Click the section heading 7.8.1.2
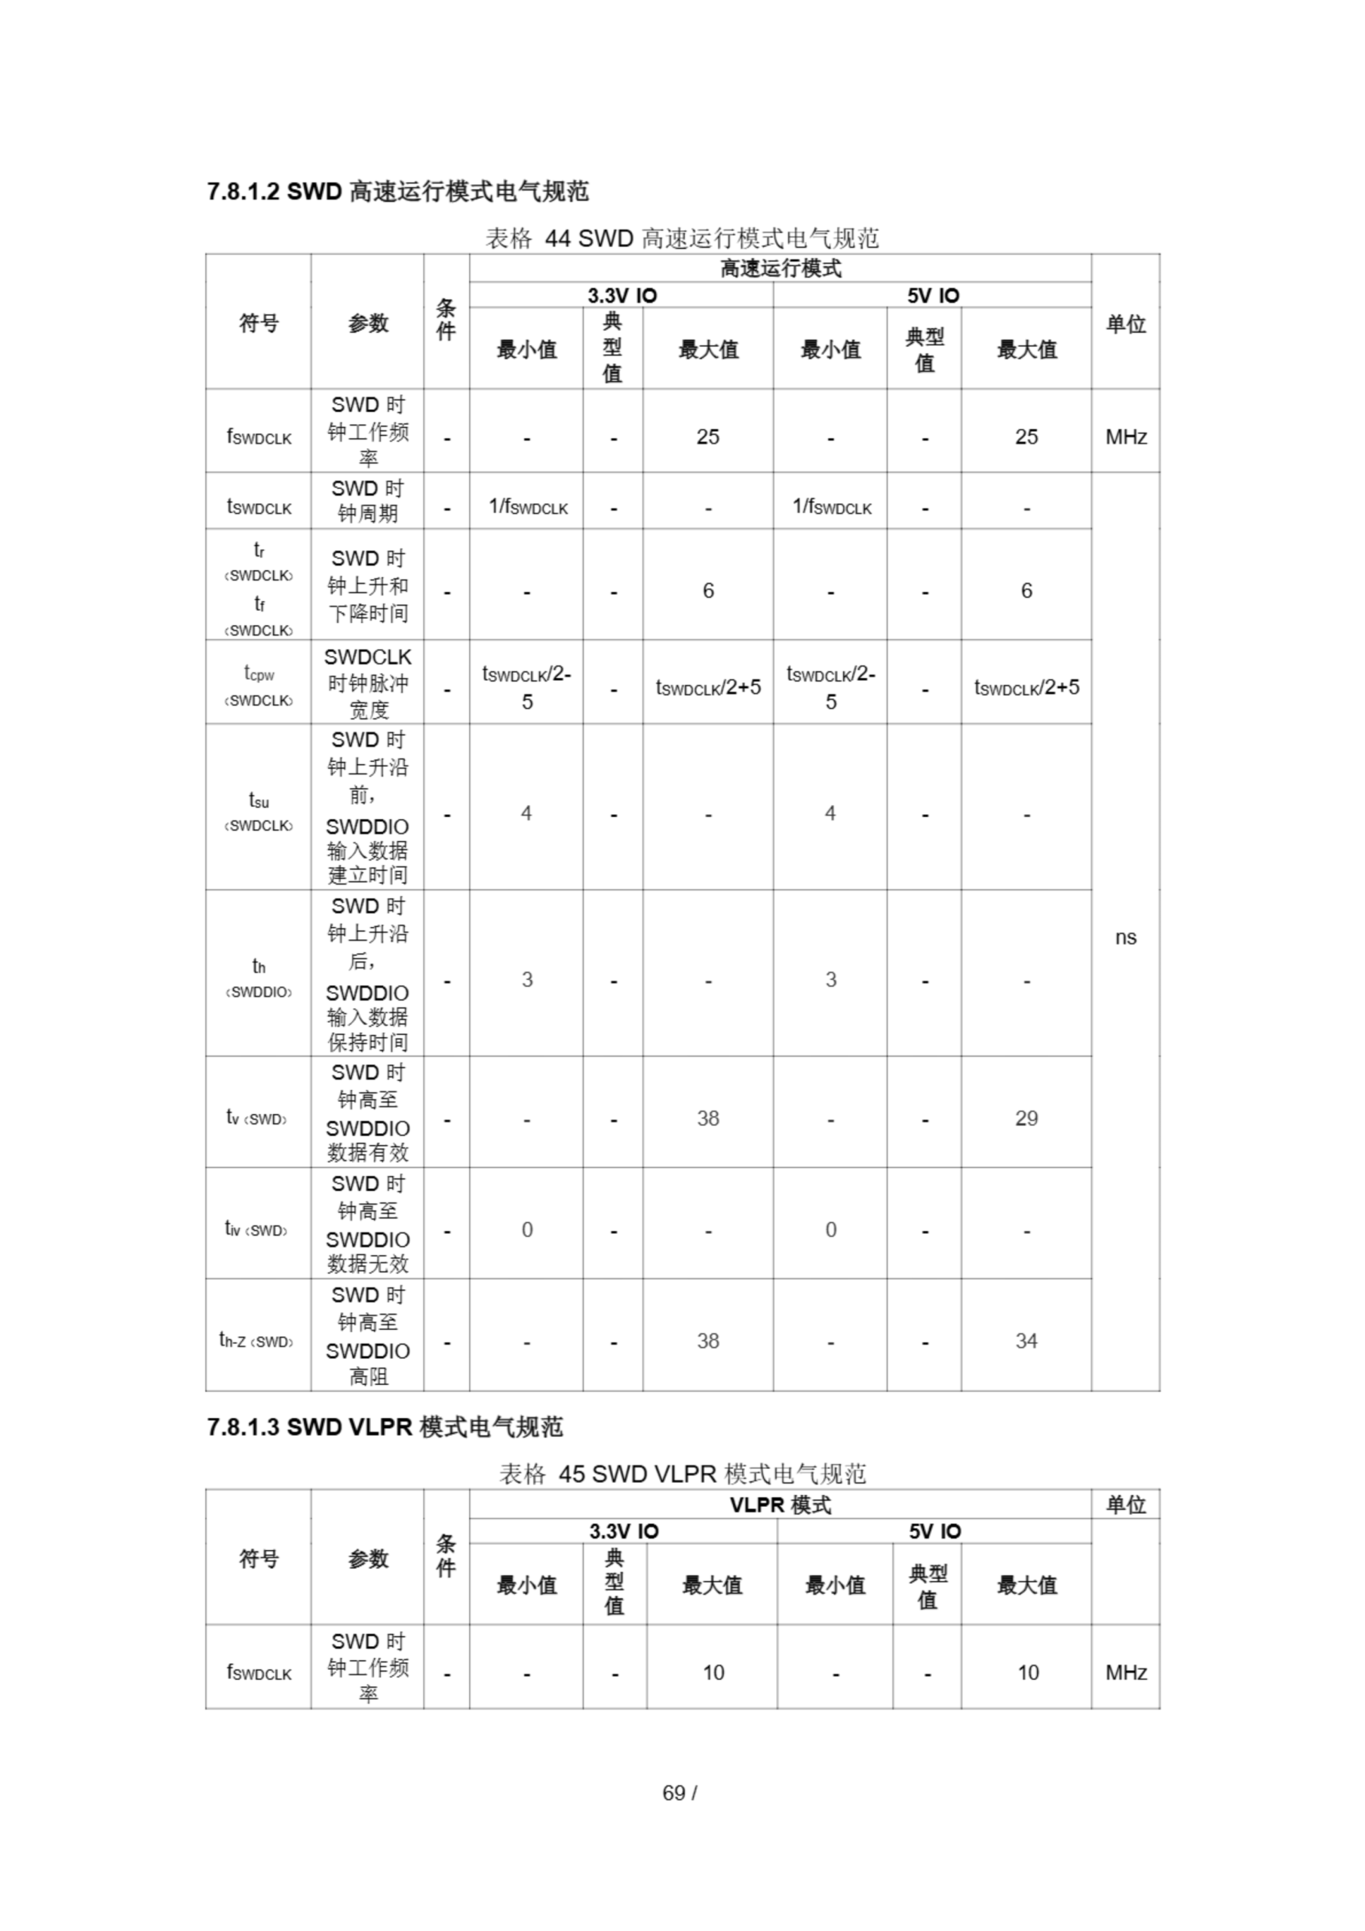coord(397,192)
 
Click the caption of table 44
coord(682,239)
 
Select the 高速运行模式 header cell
coord(780,269)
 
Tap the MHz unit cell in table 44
coord(1125,437)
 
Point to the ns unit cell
coord(1125,937)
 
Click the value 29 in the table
coord(1026,1118)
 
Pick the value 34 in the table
coord(1026,1340)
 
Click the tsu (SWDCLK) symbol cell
coord(258,812)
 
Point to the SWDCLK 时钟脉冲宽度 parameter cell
coord(367,683)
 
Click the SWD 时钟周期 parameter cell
coord(367,500)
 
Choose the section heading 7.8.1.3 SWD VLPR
coord(385,1426)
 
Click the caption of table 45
coord(682,1473)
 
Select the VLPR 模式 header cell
coord(780,1505)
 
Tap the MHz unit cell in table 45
coord(1125,1673)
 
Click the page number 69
coord(679,1792)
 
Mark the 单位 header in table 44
coord(1125,324)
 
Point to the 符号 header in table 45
coord(258,1558)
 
